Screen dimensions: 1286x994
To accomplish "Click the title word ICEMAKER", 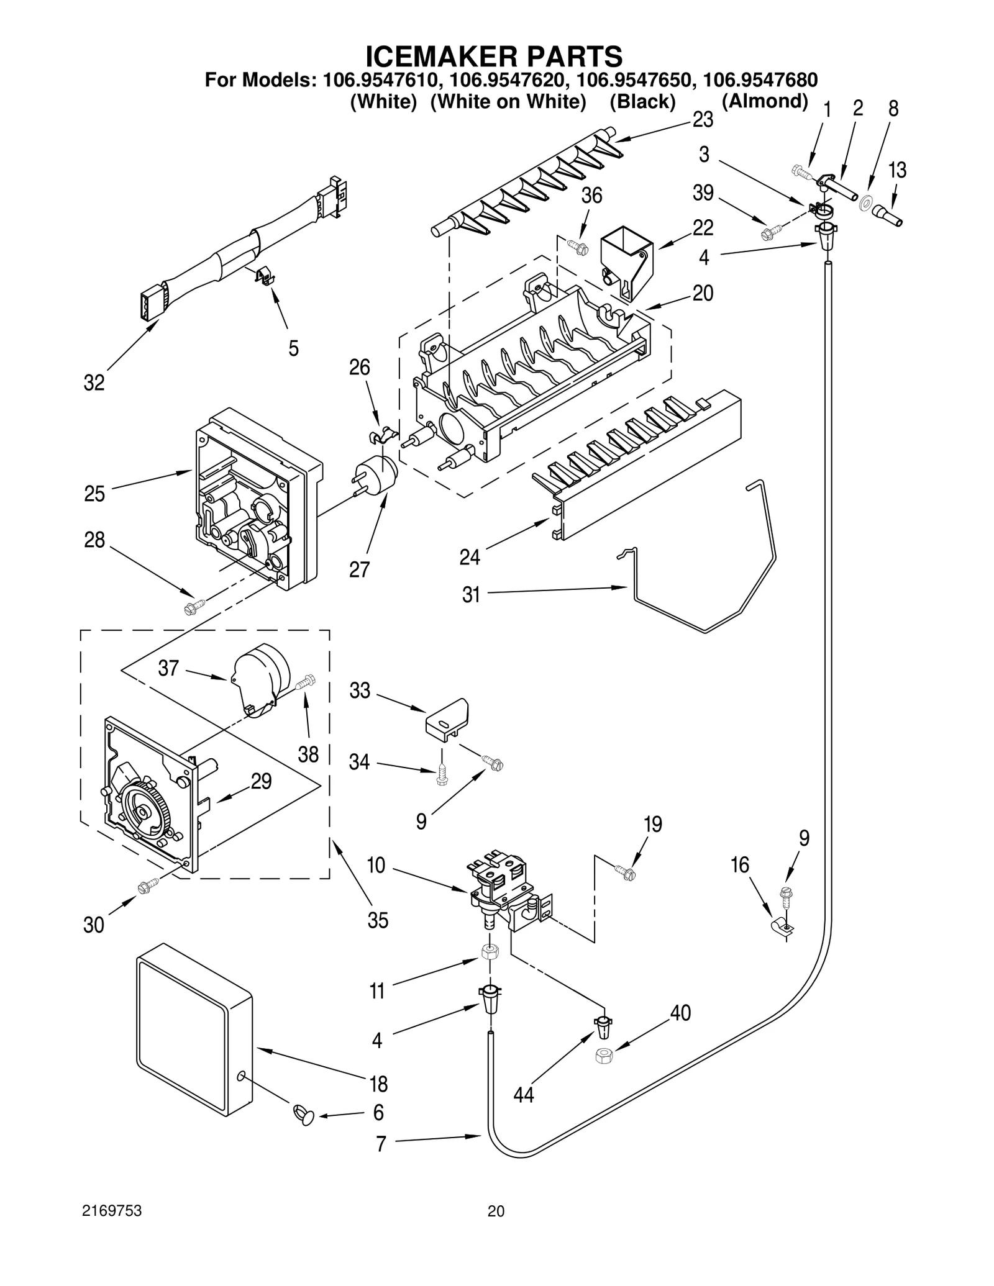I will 441,57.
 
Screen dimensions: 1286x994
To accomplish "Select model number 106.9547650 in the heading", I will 637,80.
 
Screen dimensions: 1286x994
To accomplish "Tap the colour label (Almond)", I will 764,101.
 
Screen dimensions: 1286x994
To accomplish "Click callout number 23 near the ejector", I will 703,119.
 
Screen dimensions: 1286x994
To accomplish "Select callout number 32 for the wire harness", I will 94,383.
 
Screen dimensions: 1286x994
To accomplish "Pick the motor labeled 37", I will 261,679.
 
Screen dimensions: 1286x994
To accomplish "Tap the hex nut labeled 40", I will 603,1055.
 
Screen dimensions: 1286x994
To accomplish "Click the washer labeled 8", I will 865,203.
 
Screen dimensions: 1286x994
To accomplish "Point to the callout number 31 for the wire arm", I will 471,594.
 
